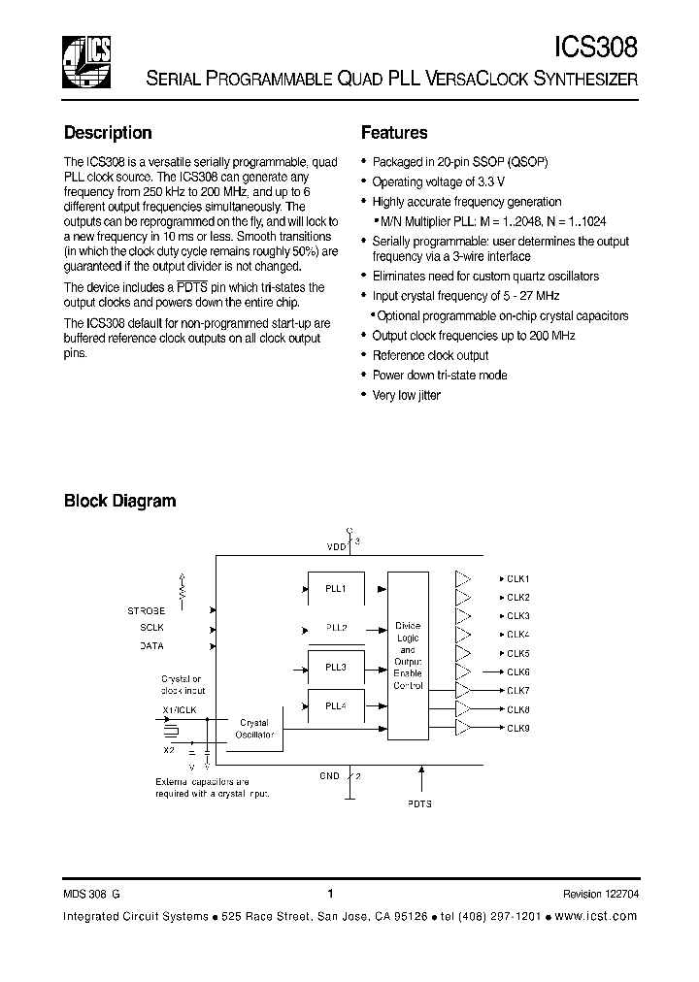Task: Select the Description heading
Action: tap(108, 133)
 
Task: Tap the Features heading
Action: tap(394, 133)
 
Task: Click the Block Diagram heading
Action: tap(119, 501)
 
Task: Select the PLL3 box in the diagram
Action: tap(336, 667)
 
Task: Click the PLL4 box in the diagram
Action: tap(336, 707)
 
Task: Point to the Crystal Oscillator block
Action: tap(254, 729)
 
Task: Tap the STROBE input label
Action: tap(147, 610)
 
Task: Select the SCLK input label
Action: tap(152, 628)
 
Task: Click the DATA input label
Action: tap(152, 645)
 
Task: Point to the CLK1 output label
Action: tap(518, 579)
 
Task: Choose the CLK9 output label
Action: tap(518, 728)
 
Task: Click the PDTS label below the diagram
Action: tap(420, 803)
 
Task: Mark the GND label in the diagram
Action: tap(329, 775)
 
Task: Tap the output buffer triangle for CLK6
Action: tap(463, 672)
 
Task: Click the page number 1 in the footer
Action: tap(330, 894)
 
